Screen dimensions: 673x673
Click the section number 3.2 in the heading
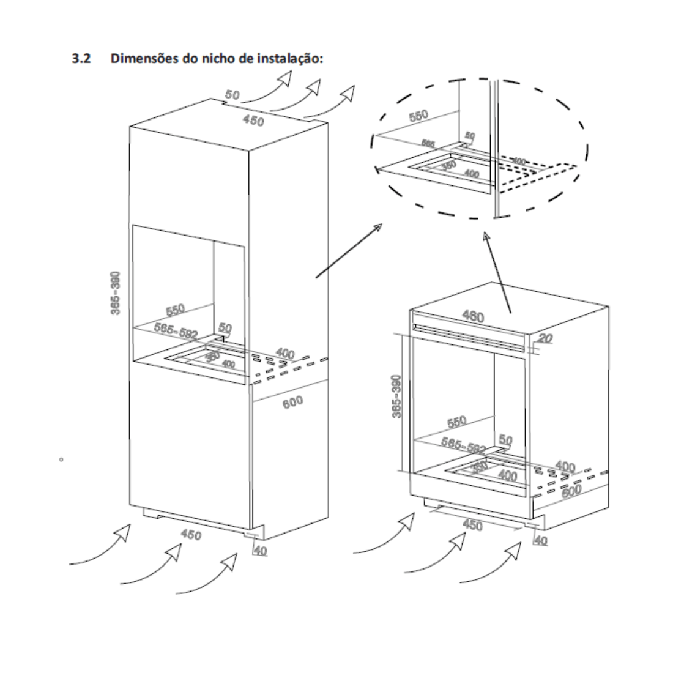81,59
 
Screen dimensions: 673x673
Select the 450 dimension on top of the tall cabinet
253,121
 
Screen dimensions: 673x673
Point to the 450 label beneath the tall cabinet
191,534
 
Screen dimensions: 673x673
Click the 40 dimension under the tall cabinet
260,551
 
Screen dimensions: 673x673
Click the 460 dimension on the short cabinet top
473,317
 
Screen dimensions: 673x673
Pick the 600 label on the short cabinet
570,490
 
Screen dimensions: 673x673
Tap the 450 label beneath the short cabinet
472,525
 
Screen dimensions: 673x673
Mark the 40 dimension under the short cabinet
540,541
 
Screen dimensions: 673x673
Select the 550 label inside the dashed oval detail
419,116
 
